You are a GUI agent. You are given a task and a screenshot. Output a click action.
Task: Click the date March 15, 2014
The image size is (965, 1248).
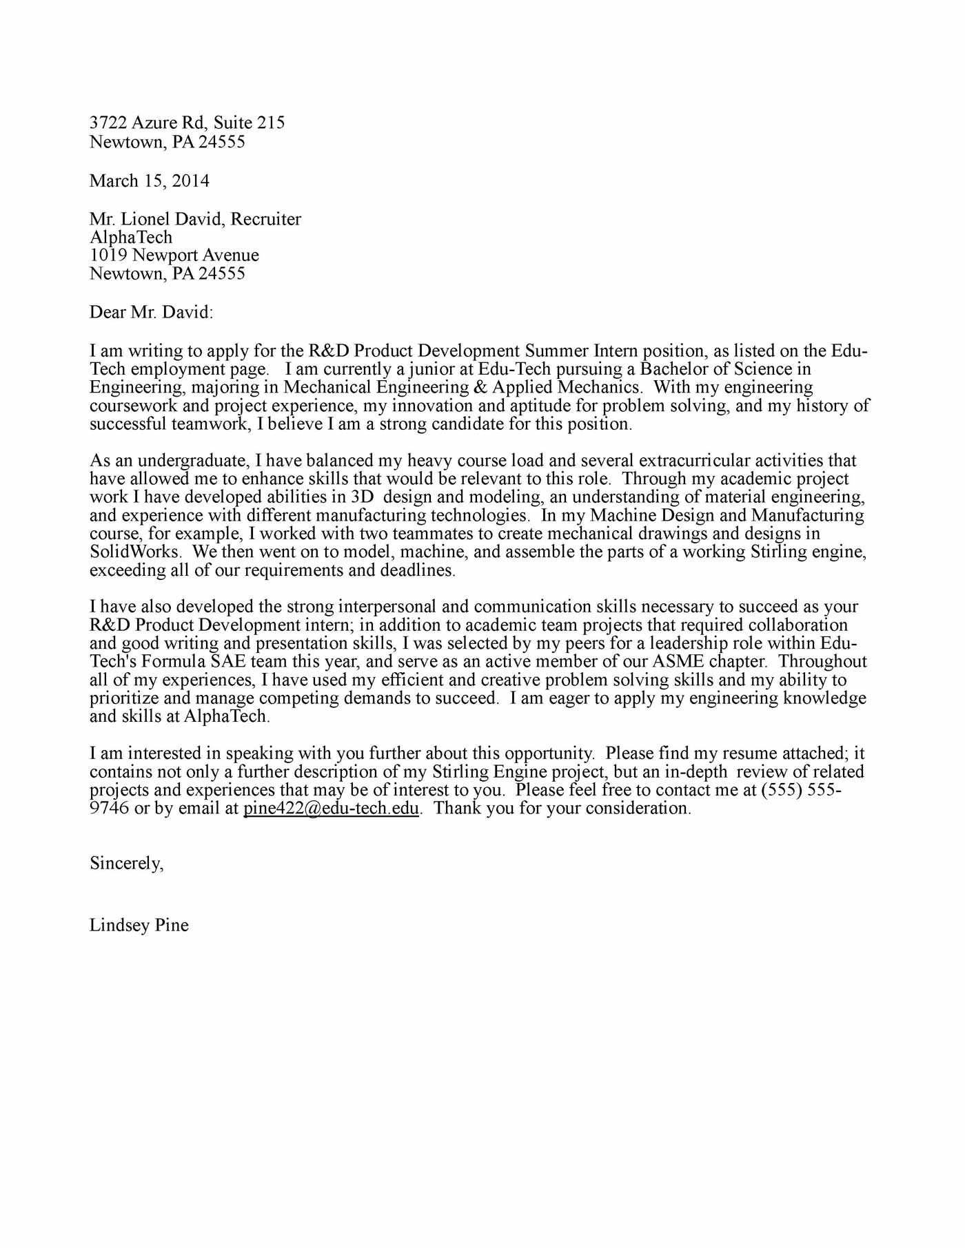(149, 181)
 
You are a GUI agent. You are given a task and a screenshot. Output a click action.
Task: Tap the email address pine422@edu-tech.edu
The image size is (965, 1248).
(331, 809)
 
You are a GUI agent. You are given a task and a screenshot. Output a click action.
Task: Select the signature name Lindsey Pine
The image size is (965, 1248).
(139, 925)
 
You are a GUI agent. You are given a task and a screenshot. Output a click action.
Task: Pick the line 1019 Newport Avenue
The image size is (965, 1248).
(174, 255)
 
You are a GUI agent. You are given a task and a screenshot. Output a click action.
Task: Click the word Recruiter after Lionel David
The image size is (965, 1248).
(265, 219)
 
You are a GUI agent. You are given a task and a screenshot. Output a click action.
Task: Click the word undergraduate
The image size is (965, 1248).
(195, 460)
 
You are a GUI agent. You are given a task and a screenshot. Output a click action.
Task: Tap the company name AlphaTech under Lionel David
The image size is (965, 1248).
(131, 238)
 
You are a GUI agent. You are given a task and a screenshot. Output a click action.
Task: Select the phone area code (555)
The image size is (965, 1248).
(781, 790)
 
